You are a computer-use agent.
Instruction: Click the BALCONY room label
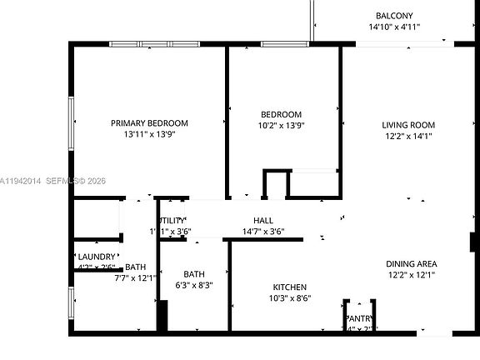tap(394, 16)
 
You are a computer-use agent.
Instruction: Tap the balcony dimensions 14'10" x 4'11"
tap(394, 27)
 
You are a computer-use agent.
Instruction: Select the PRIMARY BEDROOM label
tap(149, 122)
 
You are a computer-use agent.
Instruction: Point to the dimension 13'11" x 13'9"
tap(149, 133)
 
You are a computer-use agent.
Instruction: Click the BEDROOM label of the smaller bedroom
tap(281, 114)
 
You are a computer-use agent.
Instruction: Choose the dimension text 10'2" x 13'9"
tap(281, 125)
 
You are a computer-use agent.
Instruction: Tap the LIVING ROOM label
tap(408, 125)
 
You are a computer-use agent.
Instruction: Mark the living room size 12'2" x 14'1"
tap(408, 136)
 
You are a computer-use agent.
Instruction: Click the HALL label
tap(263, 220)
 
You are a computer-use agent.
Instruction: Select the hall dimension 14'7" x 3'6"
tap(263, 231)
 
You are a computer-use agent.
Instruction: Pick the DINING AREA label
tap(411, 263)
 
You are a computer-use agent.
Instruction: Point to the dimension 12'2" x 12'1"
tap(411, 274)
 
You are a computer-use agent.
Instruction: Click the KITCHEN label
tap(289, 287)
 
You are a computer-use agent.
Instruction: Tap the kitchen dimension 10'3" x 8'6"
tap(289, 297)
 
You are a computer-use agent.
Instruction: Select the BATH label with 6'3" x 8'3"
tap(194, 274)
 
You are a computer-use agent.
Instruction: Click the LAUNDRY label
tap(97, 257)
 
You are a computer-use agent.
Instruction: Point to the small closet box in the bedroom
tap(275, 183)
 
